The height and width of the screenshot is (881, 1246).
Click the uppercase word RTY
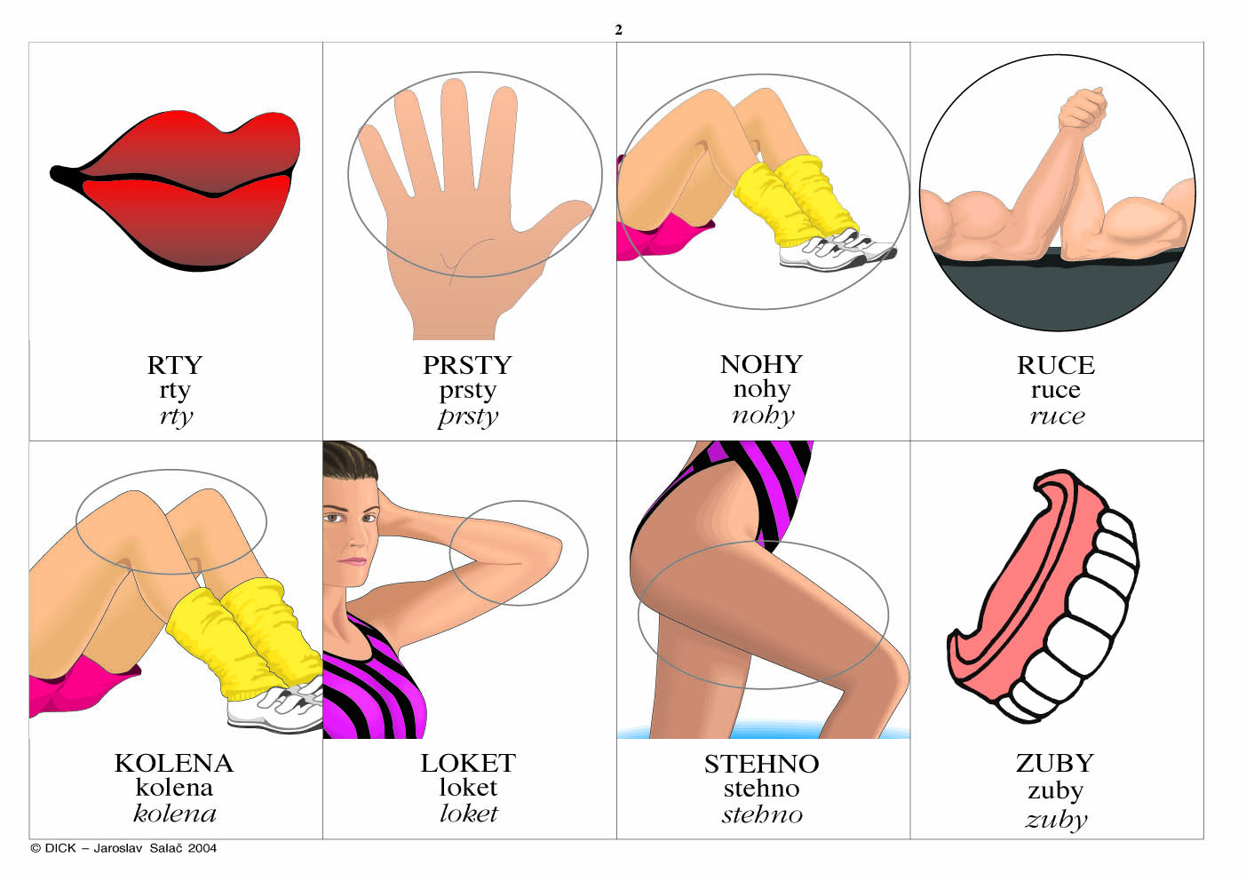174,365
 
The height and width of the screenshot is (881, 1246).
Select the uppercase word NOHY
761,365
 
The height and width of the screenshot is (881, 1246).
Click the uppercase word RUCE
1056,365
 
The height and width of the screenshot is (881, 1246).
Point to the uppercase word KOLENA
173,763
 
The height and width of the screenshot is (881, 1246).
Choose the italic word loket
468,814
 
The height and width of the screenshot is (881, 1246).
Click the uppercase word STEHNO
761,764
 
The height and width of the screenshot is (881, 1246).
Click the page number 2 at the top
618,30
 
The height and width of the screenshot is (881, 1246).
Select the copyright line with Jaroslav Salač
123,848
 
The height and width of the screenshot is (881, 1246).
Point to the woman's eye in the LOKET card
333,519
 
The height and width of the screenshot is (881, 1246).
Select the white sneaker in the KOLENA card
276,708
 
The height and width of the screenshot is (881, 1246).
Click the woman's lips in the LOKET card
352,561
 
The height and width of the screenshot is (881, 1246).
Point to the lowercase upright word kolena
174,788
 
